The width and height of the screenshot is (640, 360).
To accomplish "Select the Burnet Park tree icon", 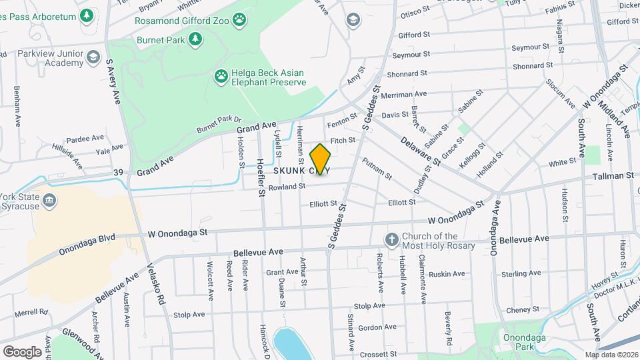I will click(x=195, y=40).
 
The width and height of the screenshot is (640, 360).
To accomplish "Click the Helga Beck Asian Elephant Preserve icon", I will click(x=220, y=77).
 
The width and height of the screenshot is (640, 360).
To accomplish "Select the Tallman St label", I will click(x=613, y=176).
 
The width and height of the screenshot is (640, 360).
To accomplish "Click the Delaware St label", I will click(x=421, y=151).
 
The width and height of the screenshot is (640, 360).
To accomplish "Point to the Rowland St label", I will click(x=287, y=187).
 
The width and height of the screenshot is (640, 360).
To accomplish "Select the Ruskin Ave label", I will click(x=447, y=274).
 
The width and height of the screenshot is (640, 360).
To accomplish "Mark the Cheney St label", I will click(x=522, y=309).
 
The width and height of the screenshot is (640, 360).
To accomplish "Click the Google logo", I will click(x=22, y=351).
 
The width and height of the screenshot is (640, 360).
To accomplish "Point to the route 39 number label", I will click(x=119, y=173).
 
